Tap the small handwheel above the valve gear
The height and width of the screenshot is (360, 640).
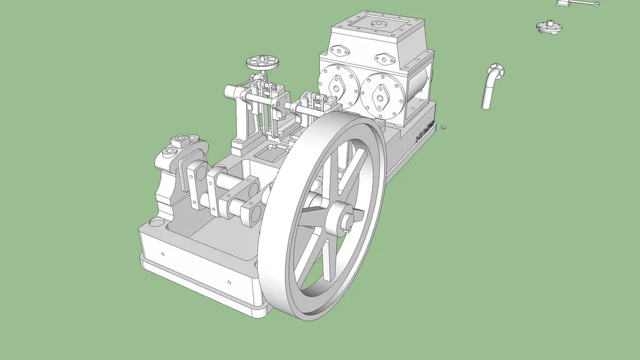tap(262, 63)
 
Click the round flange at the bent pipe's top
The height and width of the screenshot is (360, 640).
tap(497, 70)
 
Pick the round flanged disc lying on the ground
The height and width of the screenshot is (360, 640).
tap(549, 27)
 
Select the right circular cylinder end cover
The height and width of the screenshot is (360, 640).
tap(383, 96)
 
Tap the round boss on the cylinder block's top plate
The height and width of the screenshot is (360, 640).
tap(378, 24)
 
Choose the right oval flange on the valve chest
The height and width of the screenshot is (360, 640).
tap(387, 58)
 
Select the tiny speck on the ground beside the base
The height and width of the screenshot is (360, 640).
tap(444, 128)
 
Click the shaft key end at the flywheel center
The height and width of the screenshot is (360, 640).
tap(347, 224)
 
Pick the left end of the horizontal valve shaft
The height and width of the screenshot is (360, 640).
tap(230, 91)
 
